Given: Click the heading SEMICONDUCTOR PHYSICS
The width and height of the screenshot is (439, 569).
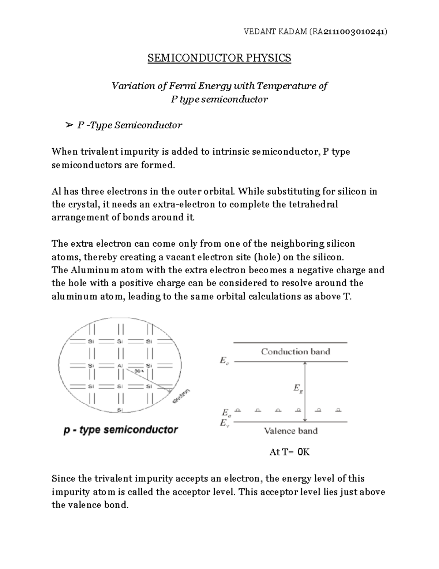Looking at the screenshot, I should pos(219,58).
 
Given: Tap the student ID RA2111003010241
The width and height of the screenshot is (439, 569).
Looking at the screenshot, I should pos(348,32).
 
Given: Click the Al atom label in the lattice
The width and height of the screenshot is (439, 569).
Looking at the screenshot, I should pos(120,366).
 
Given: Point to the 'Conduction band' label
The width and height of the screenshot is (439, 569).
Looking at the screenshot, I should pos(296,352).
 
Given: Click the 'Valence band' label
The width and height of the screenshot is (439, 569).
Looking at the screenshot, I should pos(291,431).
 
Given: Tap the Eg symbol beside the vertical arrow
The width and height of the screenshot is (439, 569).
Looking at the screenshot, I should pos(298,388).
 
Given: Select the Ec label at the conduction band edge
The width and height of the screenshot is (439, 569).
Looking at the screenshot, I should pos(224,361).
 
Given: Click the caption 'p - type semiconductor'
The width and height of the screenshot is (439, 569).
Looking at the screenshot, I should pos(121,430).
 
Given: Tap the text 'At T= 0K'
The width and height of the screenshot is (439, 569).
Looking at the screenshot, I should pos(289,452).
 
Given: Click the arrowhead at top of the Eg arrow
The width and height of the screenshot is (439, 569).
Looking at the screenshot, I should pos(305,363).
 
